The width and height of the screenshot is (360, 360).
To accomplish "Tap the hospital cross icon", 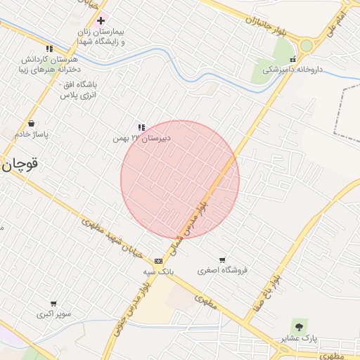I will tap(101, 21).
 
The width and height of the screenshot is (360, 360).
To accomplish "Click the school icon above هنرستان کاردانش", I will tap(49, 49).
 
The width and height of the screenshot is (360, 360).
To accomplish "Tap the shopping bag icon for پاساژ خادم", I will tap(32, 123).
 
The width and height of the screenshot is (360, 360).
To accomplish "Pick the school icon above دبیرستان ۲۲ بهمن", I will tap(141, 127).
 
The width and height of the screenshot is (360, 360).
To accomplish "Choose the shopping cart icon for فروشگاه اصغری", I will tap(222, 259).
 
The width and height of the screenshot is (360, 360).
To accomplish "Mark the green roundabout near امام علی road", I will tap(307, 46).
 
